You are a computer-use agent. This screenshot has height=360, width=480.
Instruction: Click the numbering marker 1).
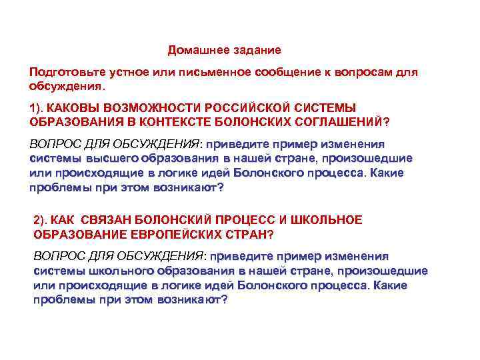pyautogui.click(x=38, y=108)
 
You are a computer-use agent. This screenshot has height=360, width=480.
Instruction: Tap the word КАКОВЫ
pyautogui.click(x=73, y=108)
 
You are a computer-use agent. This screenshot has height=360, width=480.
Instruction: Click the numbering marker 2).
pyautogui.click(x=41, y=220)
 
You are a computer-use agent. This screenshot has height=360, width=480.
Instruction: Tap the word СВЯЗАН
pyautogui.click(x=108, y=220)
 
